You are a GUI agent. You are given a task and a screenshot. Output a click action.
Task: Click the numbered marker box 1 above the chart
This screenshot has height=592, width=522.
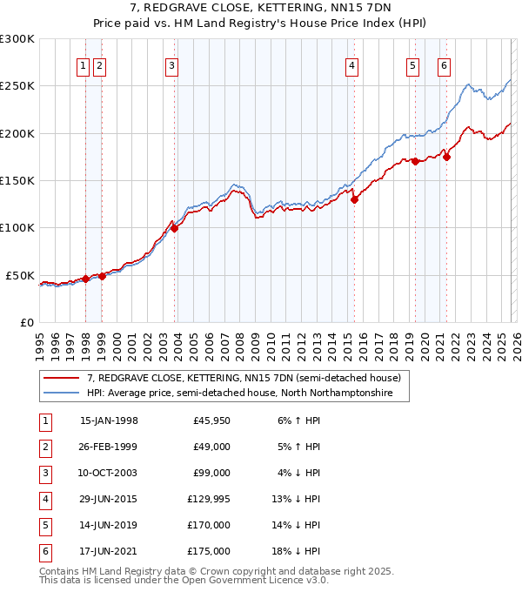point(84,66)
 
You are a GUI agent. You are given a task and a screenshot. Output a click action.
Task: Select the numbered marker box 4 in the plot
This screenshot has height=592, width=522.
point(351,66)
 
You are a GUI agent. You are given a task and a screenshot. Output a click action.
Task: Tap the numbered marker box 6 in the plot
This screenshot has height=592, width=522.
point(444,66)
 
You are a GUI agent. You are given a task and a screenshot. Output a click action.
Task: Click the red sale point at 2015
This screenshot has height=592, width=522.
point(355,199)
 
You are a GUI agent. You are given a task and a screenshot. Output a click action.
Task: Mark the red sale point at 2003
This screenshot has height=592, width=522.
point(175,228)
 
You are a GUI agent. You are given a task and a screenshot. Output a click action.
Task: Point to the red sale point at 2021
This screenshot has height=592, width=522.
point(446,157)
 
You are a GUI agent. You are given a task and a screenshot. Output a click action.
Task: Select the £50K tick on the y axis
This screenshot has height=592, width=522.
point(20,275)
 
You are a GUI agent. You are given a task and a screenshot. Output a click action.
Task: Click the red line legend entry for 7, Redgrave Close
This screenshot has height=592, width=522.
point(244,379)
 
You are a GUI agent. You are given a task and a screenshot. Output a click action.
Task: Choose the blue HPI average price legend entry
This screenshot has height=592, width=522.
point(239,394)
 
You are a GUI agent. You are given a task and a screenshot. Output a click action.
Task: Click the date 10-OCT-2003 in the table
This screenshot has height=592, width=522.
point(109,473)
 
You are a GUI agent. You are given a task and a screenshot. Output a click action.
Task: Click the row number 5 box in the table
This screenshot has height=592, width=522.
point(43,525)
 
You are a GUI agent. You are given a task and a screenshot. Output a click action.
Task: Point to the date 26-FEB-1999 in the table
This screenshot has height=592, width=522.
point(109,447)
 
